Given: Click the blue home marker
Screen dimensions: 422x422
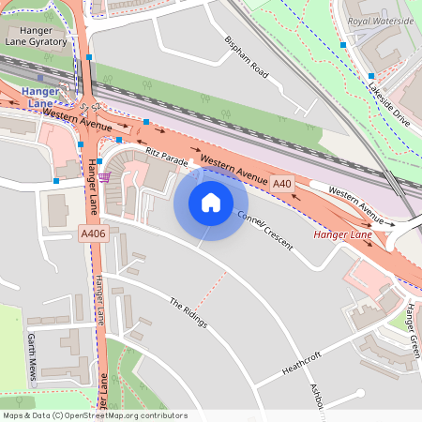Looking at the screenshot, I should click(x=211, y=203).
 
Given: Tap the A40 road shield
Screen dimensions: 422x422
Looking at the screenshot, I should click(x=282, y=184).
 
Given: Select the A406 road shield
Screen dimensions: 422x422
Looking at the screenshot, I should click(x=92, y=233).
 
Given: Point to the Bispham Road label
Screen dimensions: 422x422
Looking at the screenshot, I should click(x=247, y=58).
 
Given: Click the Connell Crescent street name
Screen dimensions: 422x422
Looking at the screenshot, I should click(x=265, y=230).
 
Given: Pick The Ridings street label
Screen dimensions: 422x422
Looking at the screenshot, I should click(x=188, y=313).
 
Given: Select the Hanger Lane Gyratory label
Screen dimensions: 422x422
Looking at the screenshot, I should click(x=36, y=36).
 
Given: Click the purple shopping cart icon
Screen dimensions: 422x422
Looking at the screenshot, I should click(x=105, y=175).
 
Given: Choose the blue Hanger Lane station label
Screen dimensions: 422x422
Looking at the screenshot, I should click(x=40, y=97).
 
